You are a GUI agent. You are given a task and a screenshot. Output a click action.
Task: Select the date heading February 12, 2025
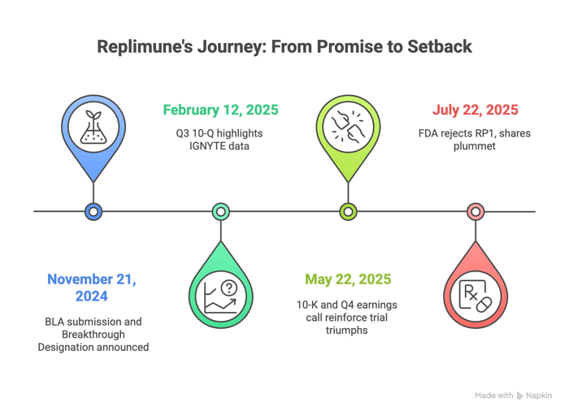(220, 110)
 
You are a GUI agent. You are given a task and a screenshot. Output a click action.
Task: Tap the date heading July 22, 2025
(476, 110)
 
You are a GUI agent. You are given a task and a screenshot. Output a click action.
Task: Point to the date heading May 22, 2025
(348, 279)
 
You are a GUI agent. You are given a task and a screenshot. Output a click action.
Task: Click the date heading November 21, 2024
(92, 287)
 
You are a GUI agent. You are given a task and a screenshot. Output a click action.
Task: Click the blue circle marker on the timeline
(93, 211)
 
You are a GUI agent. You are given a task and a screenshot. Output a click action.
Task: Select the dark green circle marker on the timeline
(220, 211)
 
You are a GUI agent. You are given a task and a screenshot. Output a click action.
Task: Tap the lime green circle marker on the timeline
(348, 211)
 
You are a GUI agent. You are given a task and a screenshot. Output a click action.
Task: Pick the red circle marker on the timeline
(476, 211)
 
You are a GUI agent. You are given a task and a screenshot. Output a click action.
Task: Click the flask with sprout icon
(93, 128)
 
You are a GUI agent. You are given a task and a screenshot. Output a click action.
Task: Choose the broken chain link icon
(348, 128)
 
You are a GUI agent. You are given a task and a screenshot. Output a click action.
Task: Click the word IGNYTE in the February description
(196, 146)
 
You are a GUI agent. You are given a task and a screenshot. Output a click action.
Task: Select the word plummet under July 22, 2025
(476, 146)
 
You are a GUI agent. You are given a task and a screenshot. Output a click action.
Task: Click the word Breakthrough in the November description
(93, 334)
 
